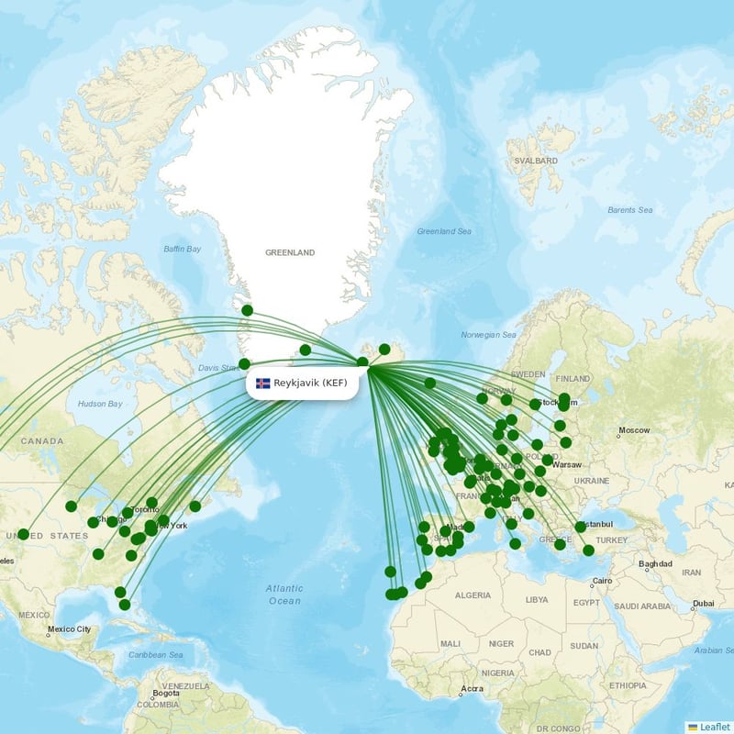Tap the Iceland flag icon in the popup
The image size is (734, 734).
point(263,383)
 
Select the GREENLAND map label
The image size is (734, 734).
point(290,252)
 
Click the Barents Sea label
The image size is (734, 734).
point(629,210)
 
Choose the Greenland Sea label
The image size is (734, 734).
point(444,231)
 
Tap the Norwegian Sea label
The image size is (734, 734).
point(489,335)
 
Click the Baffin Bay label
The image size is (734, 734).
point(182,249)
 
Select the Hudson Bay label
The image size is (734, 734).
point(100,404)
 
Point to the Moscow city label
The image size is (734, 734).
point(634,430)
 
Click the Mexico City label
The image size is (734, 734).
point(71,629)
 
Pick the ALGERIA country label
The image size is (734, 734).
point(473,595)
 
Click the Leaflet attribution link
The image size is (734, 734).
point(714,726)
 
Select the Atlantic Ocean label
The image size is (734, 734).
point(284,595)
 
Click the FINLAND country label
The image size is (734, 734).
point(573,378)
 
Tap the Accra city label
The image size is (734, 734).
point(473,688)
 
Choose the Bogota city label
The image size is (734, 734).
point(166,693)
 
